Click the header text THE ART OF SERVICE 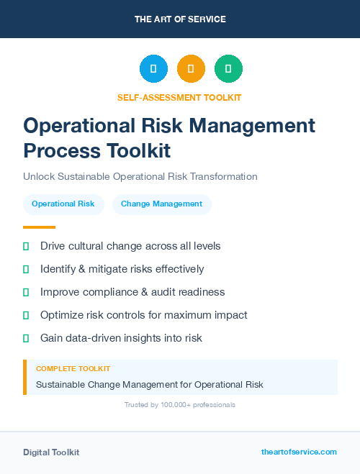pos(180,19)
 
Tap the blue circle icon pos(153,69)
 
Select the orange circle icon pos(191,69)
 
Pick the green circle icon pos(228,69)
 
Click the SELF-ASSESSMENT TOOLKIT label pos(179,97)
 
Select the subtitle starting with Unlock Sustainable pos(140,176)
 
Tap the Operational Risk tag pos(63,204)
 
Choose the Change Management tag pos(161,204)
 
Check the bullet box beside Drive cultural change pos(26,246)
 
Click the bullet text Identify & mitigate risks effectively pos(122,269)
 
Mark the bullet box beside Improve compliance pos(26,292)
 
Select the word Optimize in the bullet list pos(63,315)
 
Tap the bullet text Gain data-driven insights pos(121,338)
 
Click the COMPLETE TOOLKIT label pos(73,368)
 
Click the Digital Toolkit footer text pos(51,452)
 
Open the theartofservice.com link pos(299,452)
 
